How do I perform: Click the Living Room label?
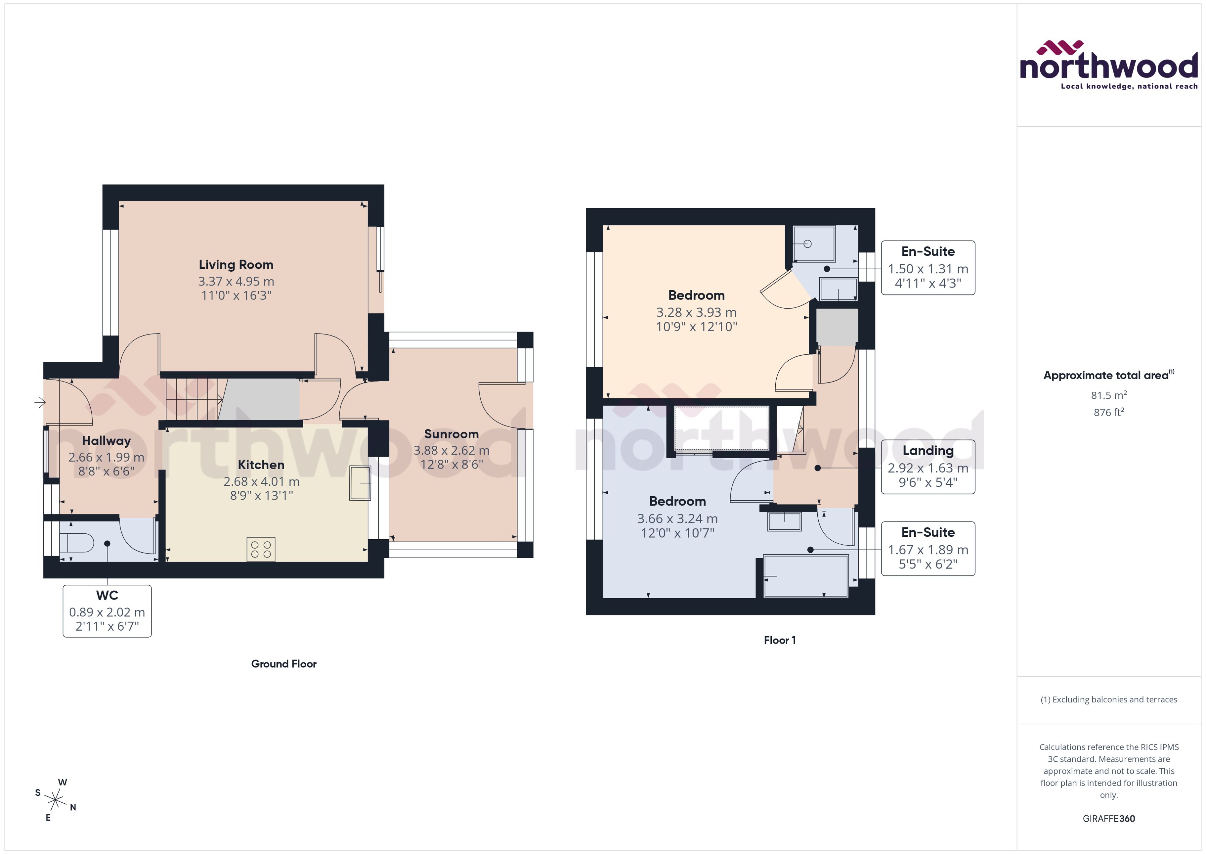(x=236, y=264)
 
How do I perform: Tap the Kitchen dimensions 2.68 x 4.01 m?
(x=261, y=481)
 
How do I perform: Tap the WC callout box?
(x=107, y=611)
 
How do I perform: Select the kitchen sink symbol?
(x=360, y=482)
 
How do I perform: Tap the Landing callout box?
(x=928, y=466)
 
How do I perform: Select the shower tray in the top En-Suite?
(x=814, y=244)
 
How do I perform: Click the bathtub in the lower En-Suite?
(x=805, y=576)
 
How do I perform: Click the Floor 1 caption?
(x=779, y=640)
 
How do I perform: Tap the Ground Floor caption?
(x=284, y=664)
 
